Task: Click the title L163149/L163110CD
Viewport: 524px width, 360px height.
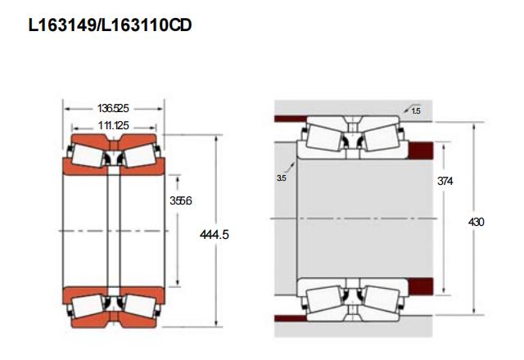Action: [x=110, y=25]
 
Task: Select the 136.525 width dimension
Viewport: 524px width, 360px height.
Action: [x=113, y=109]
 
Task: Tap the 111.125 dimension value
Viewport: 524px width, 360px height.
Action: [x=113, y=125]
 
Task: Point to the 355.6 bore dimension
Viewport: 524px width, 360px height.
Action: [x=180, y=201]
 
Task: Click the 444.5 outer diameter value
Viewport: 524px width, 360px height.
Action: [x=215, y=235]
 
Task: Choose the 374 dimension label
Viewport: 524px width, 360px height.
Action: [x=445, y=181]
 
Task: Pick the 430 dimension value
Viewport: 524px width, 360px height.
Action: [x=477, y=222]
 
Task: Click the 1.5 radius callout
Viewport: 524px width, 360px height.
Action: [x=416, y=111]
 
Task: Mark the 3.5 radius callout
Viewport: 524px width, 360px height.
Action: [x=282, y=178]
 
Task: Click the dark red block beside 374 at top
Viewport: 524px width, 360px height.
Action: [x=421, y=150]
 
